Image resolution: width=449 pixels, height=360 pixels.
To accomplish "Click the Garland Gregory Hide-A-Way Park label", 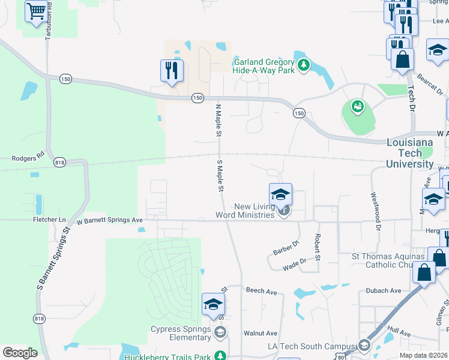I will click(264, 67).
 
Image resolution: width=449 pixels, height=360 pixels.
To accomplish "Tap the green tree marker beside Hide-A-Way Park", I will click(304, 64).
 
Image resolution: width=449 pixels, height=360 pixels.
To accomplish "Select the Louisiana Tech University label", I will click(410, 153).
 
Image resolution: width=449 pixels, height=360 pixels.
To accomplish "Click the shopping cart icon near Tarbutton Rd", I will click(37, 11).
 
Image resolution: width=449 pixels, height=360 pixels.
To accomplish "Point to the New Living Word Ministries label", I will click(247, 211).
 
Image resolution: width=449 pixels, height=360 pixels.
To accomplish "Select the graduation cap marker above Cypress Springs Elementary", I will click(213, 304).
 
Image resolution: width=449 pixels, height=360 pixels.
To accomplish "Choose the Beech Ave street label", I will click(261, 292).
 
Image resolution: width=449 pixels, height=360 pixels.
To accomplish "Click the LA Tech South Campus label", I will click(311, 346).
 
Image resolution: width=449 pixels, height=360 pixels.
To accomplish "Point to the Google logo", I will click(20, 353).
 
